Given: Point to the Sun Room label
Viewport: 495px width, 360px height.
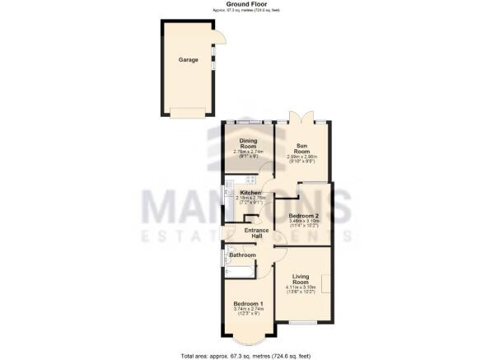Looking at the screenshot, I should point(303,148).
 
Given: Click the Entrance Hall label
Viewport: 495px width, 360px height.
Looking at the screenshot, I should point(245,233).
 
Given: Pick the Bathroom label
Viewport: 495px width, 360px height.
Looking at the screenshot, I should point(242,255).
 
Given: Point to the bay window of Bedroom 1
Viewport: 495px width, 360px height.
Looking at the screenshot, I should point(246,339).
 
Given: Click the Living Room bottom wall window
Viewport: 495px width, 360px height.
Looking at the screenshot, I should point(301,323).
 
